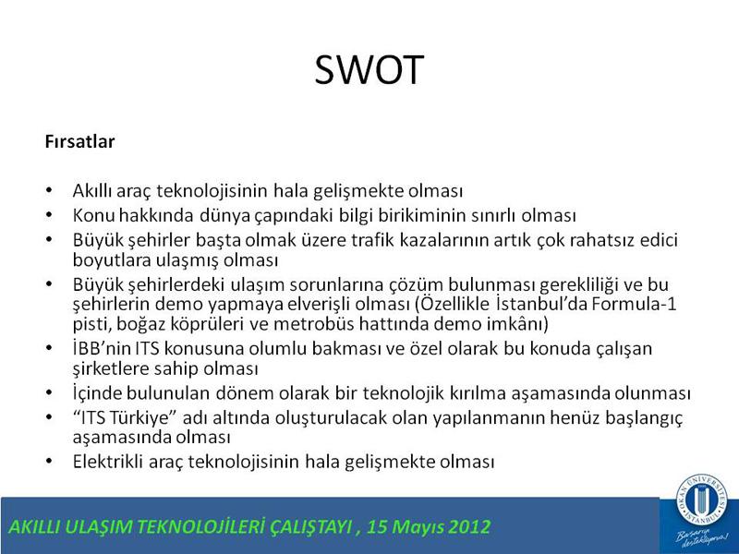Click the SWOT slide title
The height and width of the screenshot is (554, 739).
369,70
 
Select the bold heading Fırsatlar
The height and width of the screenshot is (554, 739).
79,142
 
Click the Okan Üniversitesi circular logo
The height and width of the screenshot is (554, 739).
702,499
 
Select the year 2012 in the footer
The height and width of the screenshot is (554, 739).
469,526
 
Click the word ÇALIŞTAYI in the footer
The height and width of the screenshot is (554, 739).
311,526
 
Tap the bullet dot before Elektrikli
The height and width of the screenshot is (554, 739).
50,461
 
